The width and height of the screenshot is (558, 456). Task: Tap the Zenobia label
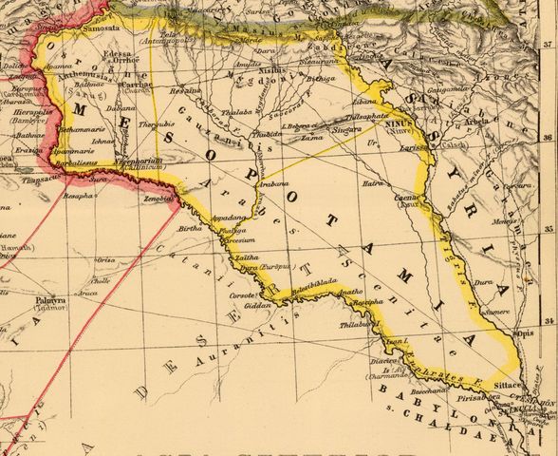tap(158, 199)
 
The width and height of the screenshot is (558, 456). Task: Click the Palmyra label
tap(50, 300)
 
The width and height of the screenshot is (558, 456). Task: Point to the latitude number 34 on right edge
tap(549, 323)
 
